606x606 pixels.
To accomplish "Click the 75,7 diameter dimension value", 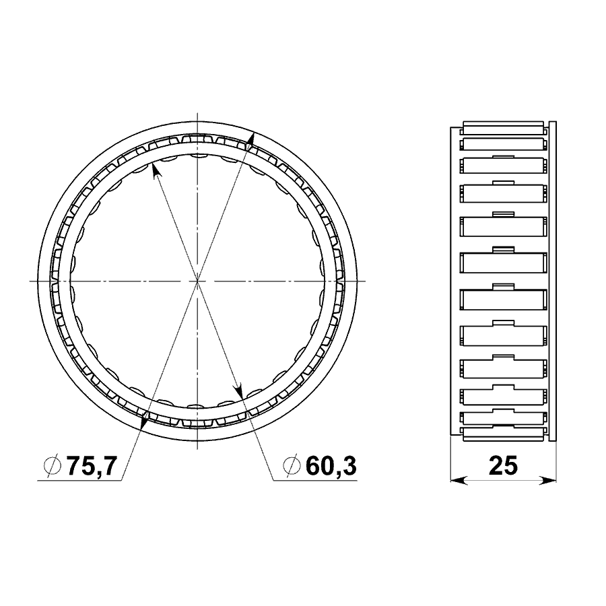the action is click(x=92, y=466).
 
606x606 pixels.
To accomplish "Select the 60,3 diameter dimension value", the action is click(x=331, y=466).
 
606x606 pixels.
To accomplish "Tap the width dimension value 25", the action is click(x=503, y=466).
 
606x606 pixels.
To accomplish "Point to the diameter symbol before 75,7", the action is click(x=53, y=466).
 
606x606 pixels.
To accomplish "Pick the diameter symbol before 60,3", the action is click(x=292, y=466).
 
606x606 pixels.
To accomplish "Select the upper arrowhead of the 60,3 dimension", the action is click(x=156, y=170).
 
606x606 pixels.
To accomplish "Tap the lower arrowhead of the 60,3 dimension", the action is click(x=239, y=390).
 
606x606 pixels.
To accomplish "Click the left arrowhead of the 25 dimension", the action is click(x=459, y=480).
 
